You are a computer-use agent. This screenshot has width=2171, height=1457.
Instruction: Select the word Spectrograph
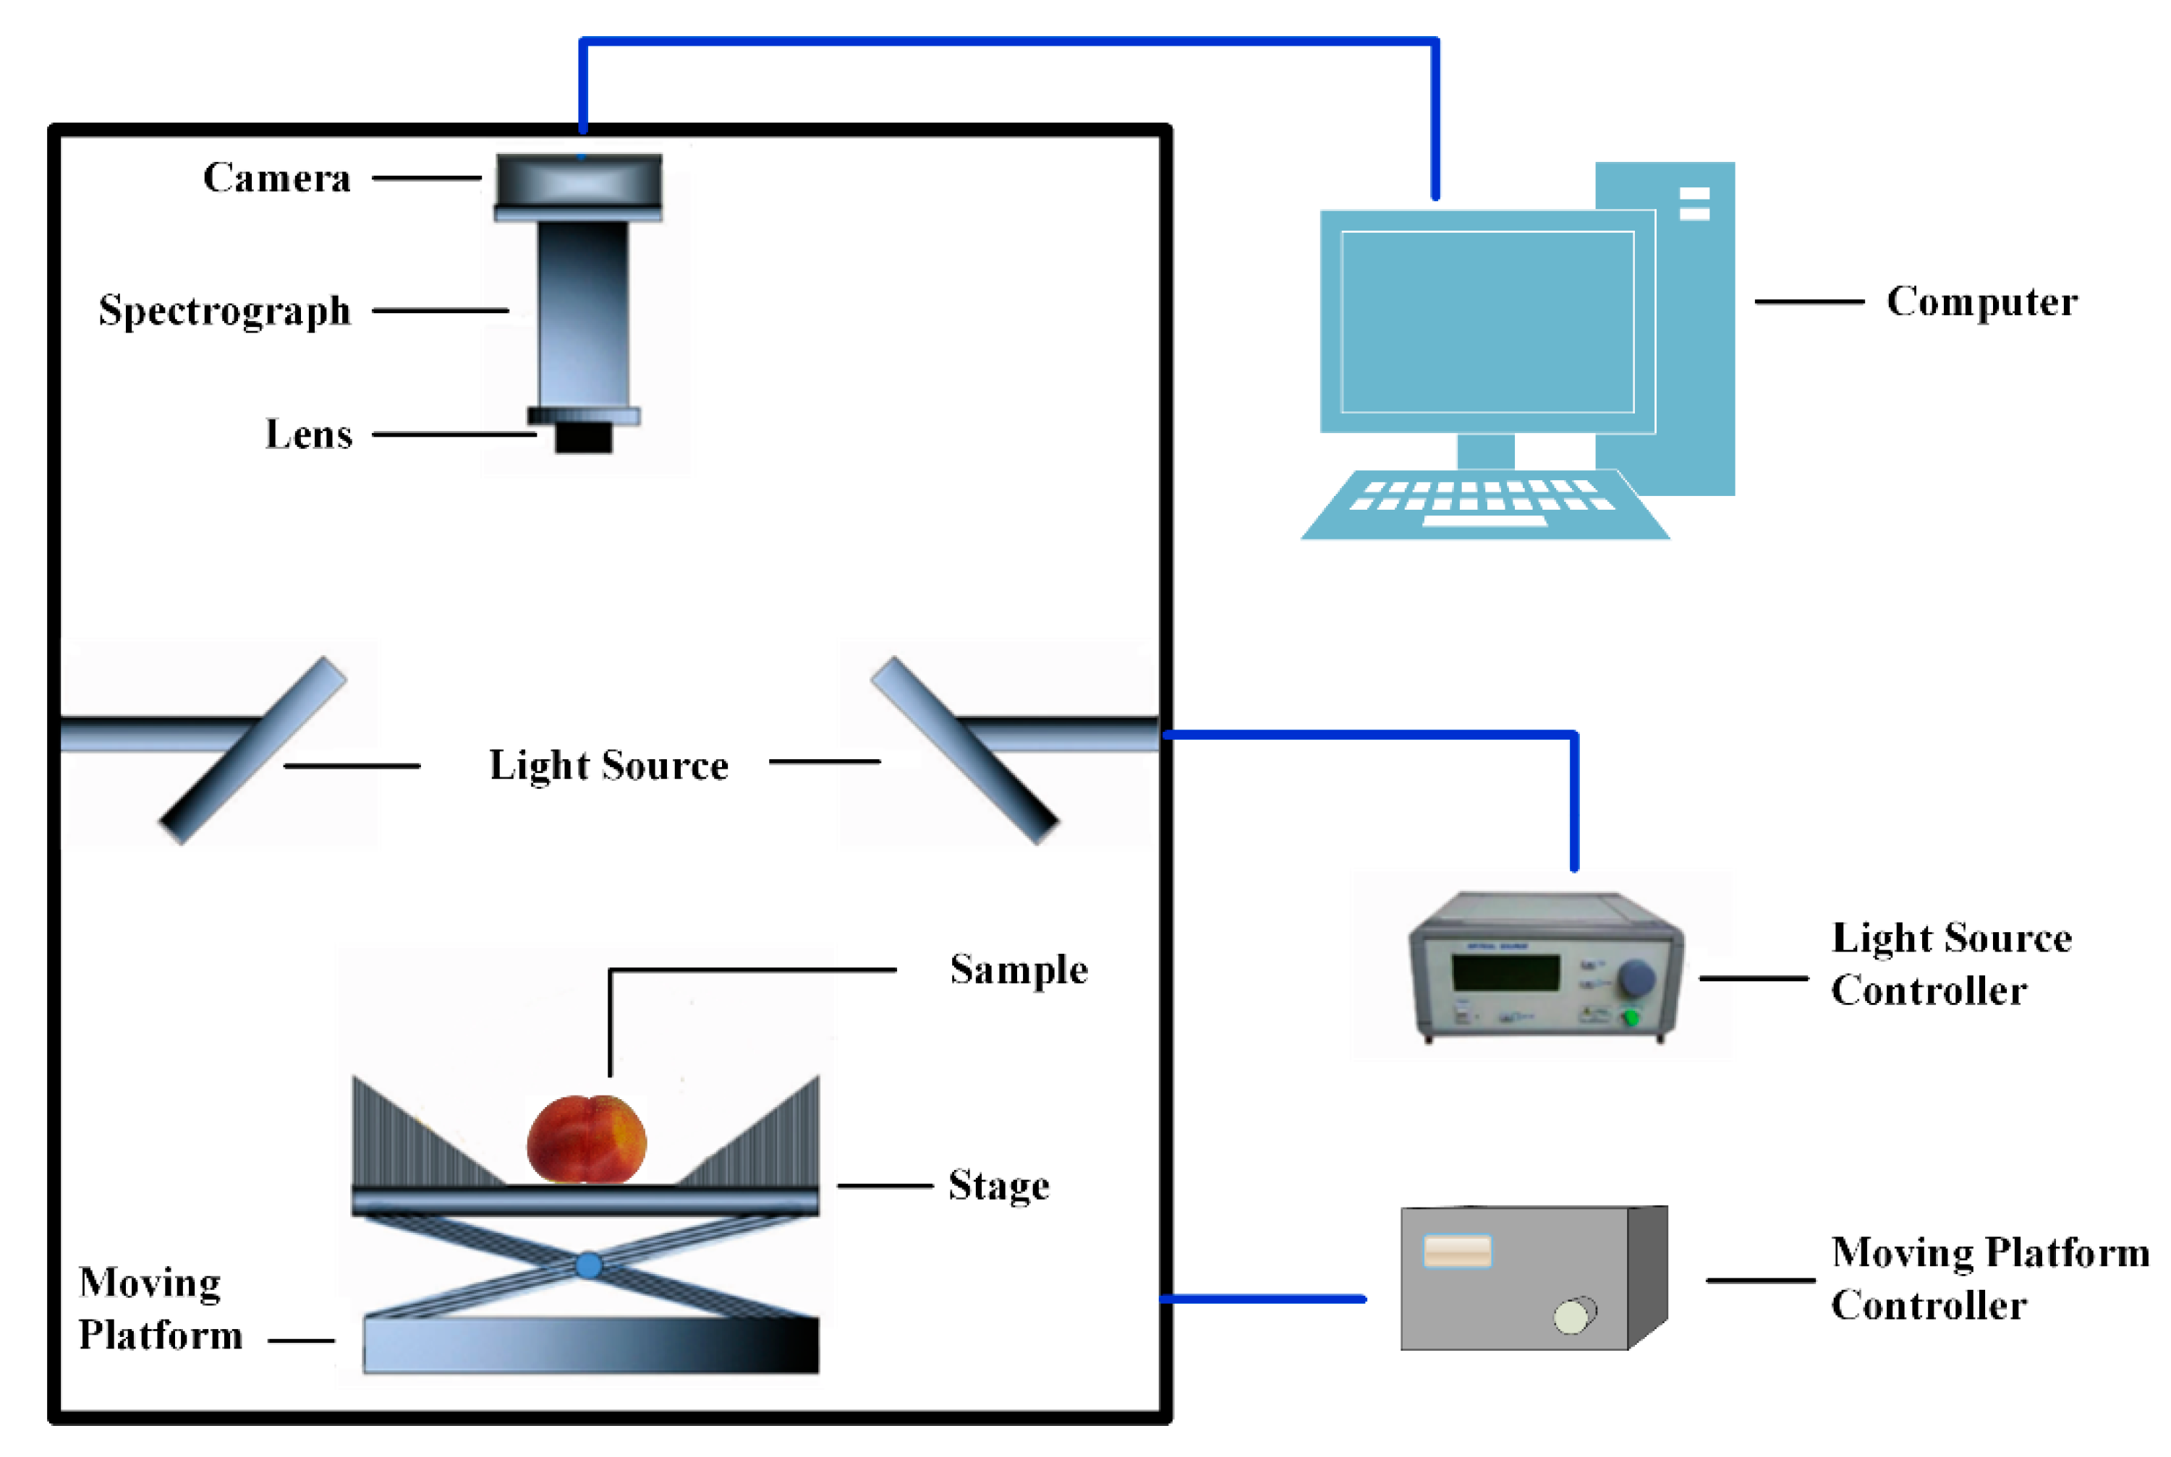tap(225, 310)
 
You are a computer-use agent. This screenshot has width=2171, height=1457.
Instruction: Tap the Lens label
tap(309, 434)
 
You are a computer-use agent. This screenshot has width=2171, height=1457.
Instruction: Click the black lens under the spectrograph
tap(584, 437)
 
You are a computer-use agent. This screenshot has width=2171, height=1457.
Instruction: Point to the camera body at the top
tap(579, 183)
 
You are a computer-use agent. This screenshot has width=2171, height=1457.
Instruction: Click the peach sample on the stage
tap(587, 1140)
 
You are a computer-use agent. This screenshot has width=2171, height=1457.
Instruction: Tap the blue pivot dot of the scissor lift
tap(588, 1265)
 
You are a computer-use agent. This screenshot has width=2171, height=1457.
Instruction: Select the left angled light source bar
tap(252, 751)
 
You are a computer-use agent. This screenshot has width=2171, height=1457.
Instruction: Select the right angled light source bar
tap(964, 751)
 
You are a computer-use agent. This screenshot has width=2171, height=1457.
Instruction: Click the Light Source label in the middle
tap(608, 766)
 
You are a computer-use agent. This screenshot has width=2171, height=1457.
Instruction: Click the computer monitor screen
tap(1487, 322)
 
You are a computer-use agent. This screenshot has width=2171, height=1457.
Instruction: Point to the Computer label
tap(1981, 302)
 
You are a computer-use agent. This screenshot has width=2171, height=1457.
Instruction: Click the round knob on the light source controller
tap(1636, 978)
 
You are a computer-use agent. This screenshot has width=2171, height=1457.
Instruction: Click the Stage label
tap(999, 1186)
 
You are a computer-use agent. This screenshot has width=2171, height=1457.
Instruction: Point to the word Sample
tap(1019, 970)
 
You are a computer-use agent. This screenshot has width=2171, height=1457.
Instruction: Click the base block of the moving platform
tap(591, 1346)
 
